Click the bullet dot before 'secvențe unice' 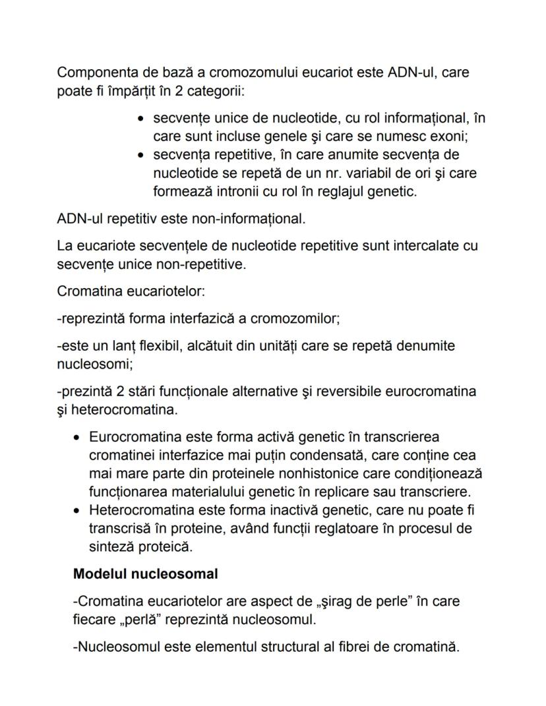pos(141,119)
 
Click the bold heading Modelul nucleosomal pos(145,574)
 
